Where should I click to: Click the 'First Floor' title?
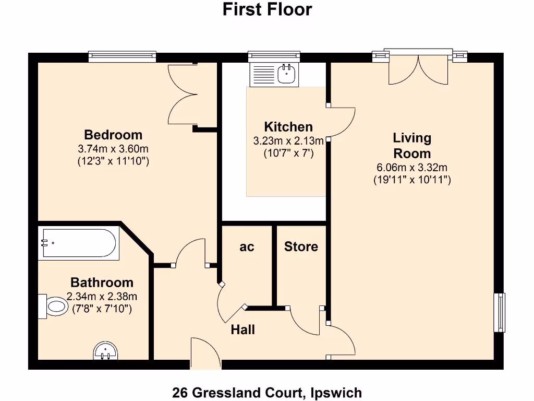tap(267, 9)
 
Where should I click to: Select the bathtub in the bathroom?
tap(79, 243)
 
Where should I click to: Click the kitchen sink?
tap(286, 74)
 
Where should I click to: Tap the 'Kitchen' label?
tap(288, 127)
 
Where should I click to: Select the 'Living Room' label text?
tap(412, 146)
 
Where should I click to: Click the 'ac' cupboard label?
tap(247, 247)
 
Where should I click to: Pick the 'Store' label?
tap(301, 246)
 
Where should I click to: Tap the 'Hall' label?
tap(243, 330)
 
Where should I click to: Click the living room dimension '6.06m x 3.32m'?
tap(412, 168)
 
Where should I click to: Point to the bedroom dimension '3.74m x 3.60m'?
tap(113, 149)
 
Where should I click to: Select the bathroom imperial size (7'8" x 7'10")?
tap(102, 309)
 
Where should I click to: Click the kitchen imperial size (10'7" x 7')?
tap(288, 154)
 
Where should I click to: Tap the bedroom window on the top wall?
tap(122, 56)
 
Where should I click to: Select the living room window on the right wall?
tap(500, 312)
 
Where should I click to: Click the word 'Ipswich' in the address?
tap(335, 392)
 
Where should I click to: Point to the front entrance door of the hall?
tap(205, 355)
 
